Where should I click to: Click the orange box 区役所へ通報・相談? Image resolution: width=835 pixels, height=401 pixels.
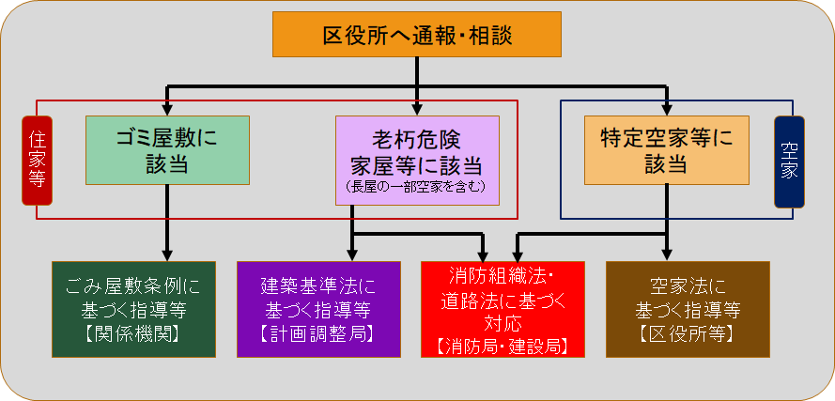pos(417,35)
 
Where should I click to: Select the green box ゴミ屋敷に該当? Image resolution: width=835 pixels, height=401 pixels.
pos(167,150)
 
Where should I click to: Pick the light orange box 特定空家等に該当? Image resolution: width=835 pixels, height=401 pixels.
pos(666,150)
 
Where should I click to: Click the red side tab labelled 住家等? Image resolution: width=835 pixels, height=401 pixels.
pos(37,160)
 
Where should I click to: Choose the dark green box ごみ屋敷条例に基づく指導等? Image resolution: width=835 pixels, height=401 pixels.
pos(133,308)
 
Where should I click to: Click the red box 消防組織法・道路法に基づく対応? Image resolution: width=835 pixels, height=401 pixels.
pos(503,308)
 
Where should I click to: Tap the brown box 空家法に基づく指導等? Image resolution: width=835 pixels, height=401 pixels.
pos(688,308)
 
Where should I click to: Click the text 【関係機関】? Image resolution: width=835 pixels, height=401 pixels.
pos(133,332)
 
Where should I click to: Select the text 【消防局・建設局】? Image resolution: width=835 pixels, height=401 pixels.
pos(503,346)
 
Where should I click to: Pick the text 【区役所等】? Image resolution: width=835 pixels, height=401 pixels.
pos(688,332)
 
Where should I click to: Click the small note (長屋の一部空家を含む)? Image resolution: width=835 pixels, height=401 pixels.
pos(416,188)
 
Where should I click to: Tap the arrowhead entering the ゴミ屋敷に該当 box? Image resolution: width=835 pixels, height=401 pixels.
pos(167,109)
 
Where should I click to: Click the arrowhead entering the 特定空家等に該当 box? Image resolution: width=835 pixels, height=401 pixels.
pos(666,109)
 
